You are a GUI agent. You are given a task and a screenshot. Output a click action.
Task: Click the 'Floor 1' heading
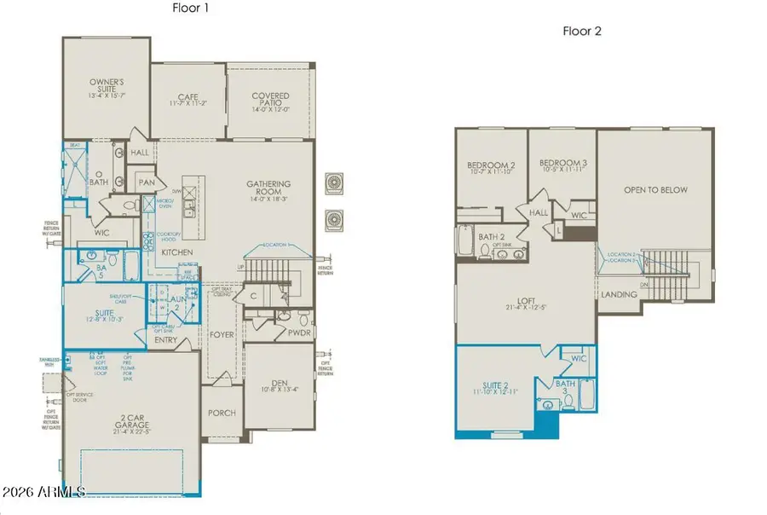pyautogui.click(x=190, y=8)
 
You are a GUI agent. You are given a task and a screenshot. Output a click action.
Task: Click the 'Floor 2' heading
pyautogui.click(x=582, y=32)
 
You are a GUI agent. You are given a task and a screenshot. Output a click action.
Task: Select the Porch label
pyautogui.click(x=222, y=413)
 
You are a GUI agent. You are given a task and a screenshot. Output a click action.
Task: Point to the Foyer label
pyautogui.click(x=222, y=334)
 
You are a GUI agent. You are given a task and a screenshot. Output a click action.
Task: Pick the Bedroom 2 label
pyautogui.click(x=491, y=166)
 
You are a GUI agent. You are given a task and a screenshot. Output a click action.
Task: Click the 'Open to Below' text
pyautogui.click(x=655, y=190)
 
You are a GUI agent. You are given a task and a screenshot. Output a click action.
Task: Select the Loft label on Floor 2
pyautogui.click(x=525, y=303)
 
